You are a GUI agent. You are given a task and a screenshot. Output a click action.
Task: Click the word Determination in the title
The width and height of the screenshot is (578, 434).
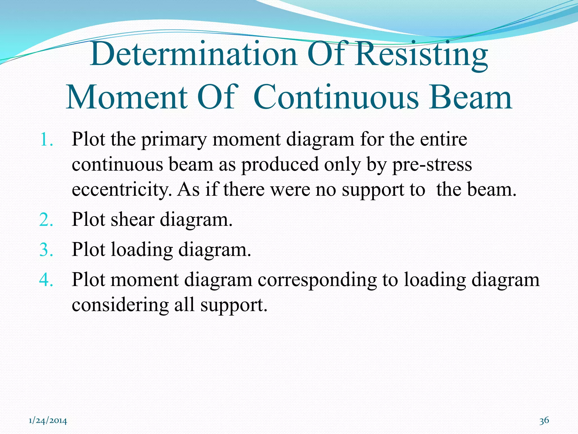point(194,54)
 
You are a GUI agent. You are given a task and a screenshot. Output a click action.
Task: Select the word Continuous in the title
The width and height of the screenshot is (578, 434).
point(336,97)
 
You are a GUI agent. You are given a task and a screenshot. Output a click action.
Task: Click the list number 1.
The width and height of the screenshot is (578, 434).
point(46,140)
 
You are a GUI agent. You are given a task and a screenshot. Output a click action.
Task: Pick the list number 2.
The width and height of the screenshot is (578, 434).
point(46,220)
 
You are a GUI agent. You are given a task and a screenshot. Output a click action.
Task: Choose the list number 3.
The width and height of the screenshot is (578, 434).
point(46,250)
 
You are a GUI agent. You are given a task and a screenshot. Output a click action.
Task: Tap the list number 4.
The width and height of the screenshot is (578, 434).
point(46,280)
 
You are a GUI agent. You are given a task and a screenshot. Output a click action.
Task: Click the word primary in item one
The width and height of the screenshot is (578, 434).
point(174,140)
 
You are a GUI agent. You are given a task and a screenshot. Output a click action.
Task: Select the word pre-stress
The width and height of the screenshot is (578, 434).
point(432,165)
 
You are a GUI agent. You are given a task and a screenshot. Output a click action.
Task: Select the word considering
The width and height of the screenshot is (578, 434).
point(120,305)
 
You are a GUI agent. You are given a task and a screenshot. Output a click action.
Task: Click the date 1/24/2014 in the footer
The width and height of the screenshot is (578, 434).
point(48,421)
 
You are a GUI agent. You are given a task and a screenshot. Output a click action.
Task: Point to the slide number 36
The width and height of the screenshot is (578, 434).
point(544,420)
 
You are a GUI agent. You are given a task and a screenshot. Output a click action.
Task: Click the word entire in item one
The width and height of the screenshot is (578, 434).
point(443,140)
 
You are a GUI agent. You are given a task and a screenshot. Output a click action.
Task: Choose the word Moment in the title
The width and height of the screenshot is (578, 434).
point(127,97)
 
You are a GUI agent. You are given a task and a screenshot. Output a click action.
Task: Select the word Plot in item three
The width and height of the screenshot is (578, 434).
point(88,250)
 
